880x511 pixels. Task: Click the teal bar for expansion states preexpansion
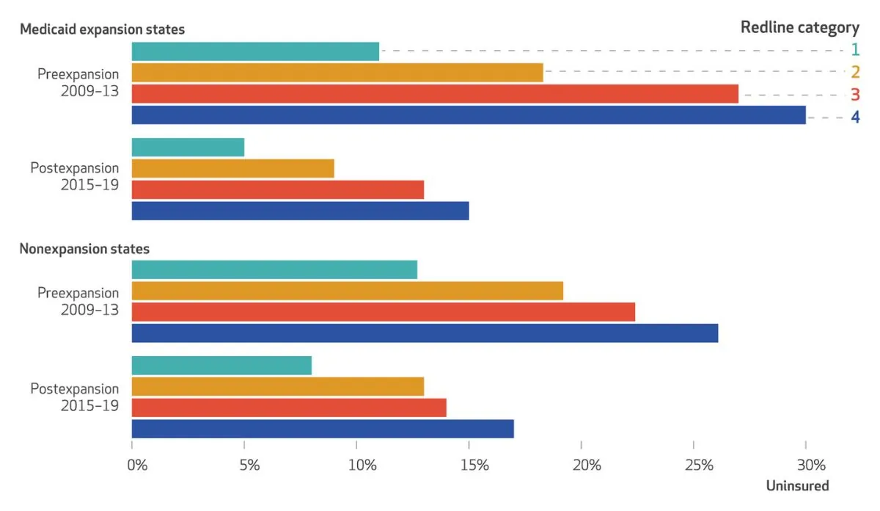[x=255, y=51]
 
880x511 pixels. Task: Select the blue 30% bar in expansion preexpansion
[x=469, y=115]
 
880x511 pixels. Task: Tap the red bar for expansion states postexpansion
[x=278, y=189]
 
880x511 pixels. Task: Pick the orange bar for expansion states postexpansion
[x=233, y=168]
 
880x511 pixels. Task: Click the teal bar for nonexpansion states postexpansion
[x=221, y=365]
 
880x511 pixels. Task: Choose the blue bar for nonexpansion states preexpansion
[x=425, y=333]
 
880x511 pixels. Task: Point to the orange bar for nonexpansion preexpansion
[x=348, y=291]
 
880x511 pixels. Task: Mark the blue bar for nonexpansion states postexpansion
[x=323, y=429]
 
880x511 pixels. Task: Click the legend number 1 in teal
[x=854, y=50]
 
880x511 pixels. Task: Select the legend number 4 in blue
[x=854, y=117]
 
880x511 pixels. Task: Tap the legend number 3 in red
[x=854, y=95]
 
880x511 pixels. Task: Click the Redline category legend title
[x=799, y=28]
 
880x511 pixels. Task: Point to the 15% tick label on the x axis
[x=474, y=465]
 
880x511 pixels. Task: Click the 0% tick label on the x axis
[x=137, y=465]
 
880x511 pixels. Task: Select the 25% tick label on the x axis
[x=699, y=465]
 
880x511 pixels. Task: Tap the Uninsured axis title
[x=797, y=486]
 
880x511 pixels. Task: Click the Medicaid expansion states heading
[x=102, y=29]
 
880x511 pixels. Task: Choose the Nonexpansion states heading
[x=84, y=249]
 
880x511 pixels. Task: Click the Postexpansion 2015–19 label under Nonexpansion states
[x=74, y=397]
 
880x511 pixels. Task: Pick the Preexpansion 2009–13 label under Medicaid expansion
[x=78, y=83]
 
